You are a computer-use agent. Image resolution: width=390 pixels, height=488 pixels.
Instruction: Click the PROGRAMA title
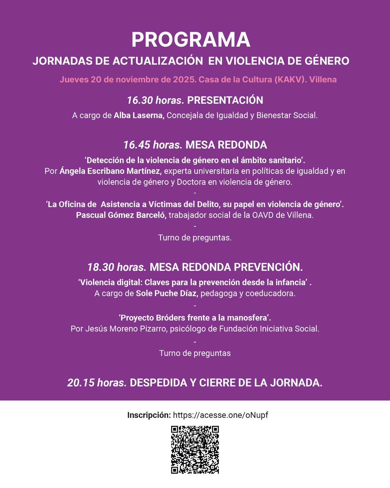[191, 40]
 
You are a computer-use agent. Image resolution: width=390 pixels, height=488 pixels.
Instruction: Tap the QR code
[195, 450]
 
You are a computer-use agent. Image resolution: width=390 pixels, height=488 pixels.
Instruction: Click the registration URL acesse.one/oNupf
[220, 415]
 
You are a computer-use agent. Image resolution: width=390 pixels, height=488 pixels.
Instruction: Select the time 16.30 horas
[155, 100]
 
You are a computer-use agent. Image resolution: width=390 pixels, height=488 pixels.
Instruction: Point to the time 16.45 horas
[152, 145]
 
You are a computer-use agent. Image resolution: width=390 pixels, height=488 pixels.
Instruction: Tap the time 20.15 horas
[97, 383]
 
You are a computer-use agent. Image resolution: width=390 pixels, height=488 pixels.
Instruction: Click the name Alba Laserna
[139, 116]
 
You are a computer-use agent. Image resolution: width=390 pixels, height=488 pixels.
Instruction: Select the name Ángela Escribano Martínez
[109, 171]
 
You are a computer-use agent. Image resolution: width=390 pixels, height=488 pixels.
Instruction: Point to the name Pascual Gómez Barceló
[121, 215]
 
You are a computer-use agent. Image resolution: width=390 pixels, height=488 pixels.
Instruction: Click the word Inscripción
[149, 415]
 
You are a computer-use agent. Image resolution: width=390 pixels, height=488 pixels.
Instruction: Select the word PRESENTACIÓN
[225, 100]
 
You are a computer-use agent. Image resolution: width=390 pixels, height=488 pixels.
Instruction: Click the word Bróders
[170, 318]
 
